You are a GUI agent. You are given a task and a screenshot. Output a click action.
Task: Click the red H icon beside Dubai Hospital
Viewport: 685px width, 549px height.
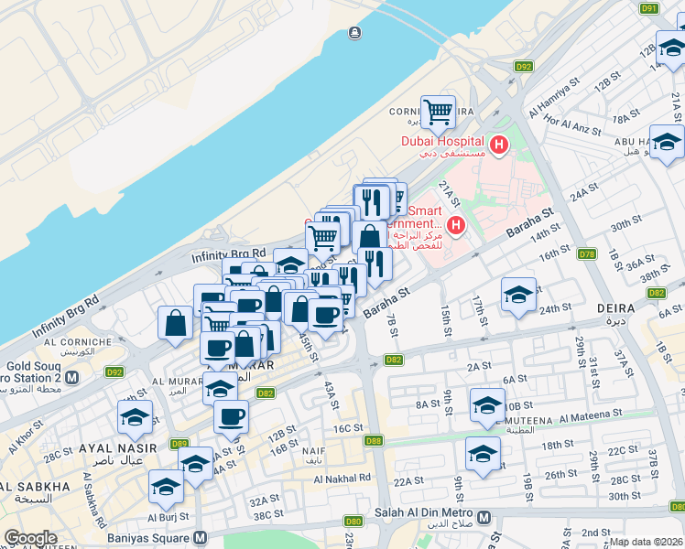point(499,144)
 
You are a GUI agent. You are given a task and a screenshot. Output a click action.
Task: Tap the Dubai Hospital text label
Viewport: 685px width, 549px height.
point(441,140)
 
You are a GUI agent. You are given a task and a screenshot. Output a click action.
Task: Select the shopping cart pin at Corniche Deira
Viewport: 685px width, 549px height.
point(439,113)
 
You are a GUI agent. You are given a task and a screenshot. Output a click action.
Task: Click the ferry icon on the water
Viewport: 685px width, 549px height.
point(353,34)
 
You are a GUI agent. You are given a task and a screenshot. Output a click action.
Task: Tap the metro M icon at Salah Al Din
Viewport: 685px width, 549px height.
point(484,518)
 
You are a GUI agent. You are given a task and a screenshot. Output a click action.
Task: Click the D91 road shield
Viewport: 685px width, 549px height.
point(649,8)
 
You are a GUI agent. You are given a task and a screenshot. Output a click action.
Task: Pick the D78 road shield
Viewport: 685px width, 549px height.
point(587,254)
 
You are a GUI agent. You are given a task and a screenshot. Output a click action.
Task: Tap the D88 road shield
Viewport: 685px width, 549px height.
point(374,441)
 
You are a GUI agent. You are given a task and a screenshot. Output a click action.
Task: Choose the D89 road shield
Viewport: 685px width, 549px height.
point(179,444)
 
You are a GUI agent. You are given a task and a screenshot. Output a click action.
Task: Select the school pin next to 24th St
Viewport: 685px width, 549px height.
point(518,295)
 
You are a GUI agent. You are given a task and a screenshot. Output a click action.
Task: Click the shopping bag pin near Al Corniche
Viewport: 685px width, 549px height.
point(175,324)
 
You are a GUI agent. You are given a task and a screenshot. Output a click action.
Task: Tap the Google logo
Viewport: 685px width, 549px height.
point(30,538)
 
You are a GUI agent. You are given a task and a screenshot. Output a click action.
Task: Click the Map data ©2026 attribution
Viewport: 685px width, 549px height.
point(647,541)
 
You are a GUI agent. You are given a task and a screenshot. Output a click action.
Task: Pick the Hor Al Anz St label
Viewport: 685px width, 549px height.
point(577,121)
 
